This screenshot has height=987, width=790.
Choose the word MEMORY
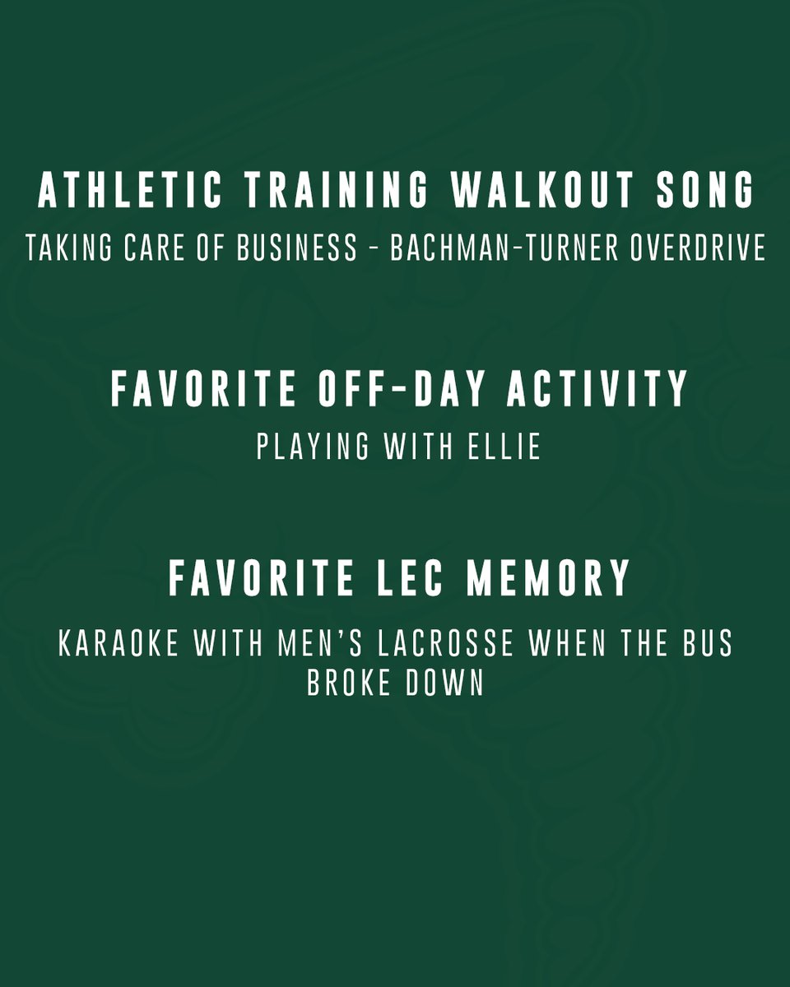point(549,578)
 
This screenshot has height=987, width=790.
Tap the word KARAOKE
point(118,644)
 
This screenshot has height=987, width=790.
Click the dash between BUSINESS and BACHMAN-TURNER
point(374,248)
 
